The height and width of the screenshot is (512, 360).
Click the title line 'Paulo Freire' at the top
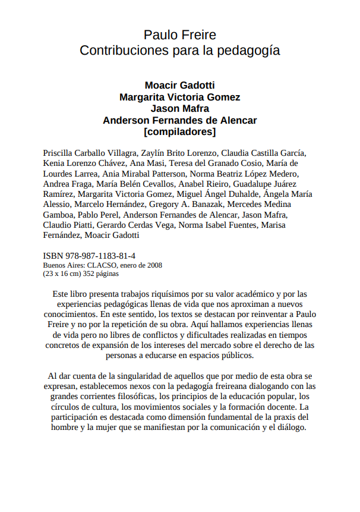[x=179, y=34]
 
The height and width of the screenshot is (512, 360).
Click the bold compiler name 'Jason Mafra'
[x=179, y=108]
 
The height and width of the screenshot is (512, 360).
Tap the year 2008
[x=154, y=265]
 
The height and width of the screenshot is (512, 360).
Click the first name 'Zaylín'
[x=155, y=152]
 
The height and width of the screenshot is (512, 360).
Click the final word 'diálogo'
[x=289, y=427]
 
